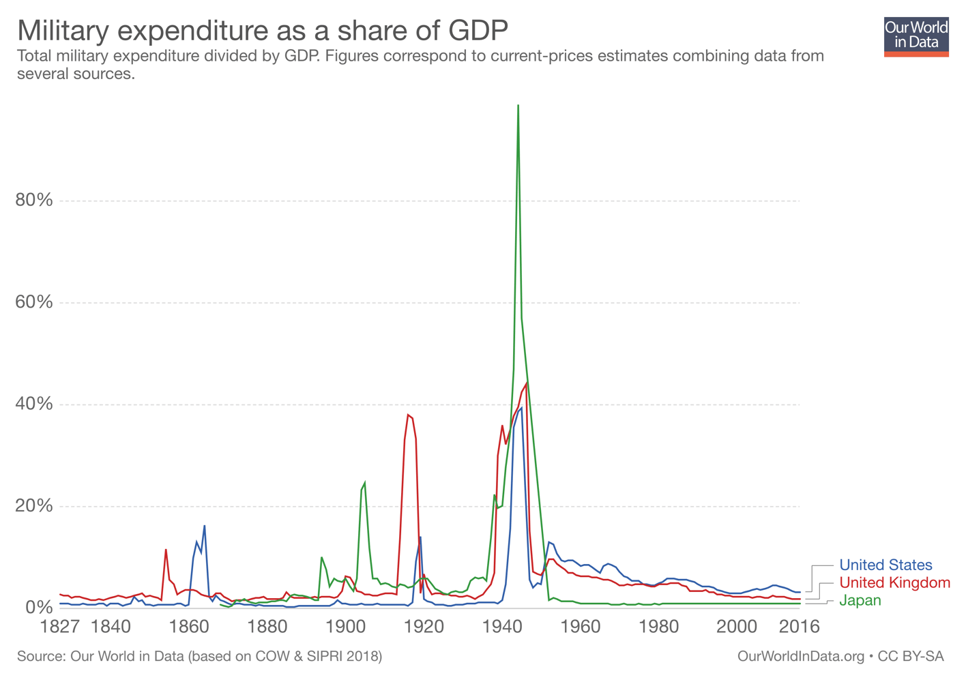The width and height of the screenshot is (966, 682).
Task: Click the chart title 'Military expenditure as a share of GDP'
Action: click(x=262, y=31)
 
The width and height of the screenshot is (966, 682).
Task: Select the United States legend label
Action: click(x=885, y=565)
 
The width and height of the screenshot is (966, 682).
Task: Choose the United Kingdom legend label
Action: click(x=894, y=582)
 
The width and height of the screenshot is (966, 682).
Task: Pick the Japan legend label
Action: click(x=860, y=600)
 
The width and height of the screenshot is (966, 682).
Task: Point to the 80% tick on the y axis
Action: click(x=34, y=200)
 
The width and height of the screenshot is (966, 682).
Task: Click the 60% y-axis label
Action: click(x=34, y=302)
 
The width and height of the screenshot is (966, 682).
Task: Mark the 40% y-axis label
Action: click(x=34, y=404)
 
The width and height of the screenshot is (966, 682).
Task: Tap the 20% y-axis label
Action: click(x=34, y=505)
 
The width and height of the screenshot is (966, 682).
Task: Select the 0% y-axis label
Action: click(x=39, y=607)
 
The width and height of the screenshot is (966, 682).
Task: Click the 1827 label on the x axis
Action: click(x=60, y=626)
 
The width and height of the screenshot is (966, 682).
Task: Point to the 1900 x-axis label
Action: click(x=346, y=626)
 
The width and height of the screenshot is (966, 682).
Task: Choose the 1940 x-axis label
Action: click(x=502, y=626)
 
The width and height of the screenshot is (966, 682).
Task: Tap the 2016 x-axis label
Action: click(x=799, y=626)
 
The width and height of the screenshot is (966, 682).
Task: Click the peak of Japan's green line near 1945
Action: click(x=518, y=106)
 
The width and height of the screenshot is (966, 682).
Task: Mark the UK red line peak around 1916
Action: click(x=408, y=415)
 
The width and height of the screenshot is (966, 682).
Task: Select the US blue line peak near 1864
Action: click(x=204, y=526)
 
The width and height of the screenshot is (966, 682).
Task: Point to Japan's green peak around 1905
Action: click(x=365, y=483)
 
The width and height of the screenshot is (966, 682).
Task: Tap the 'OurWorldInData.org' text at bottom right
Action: click(x=800, y=656)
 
